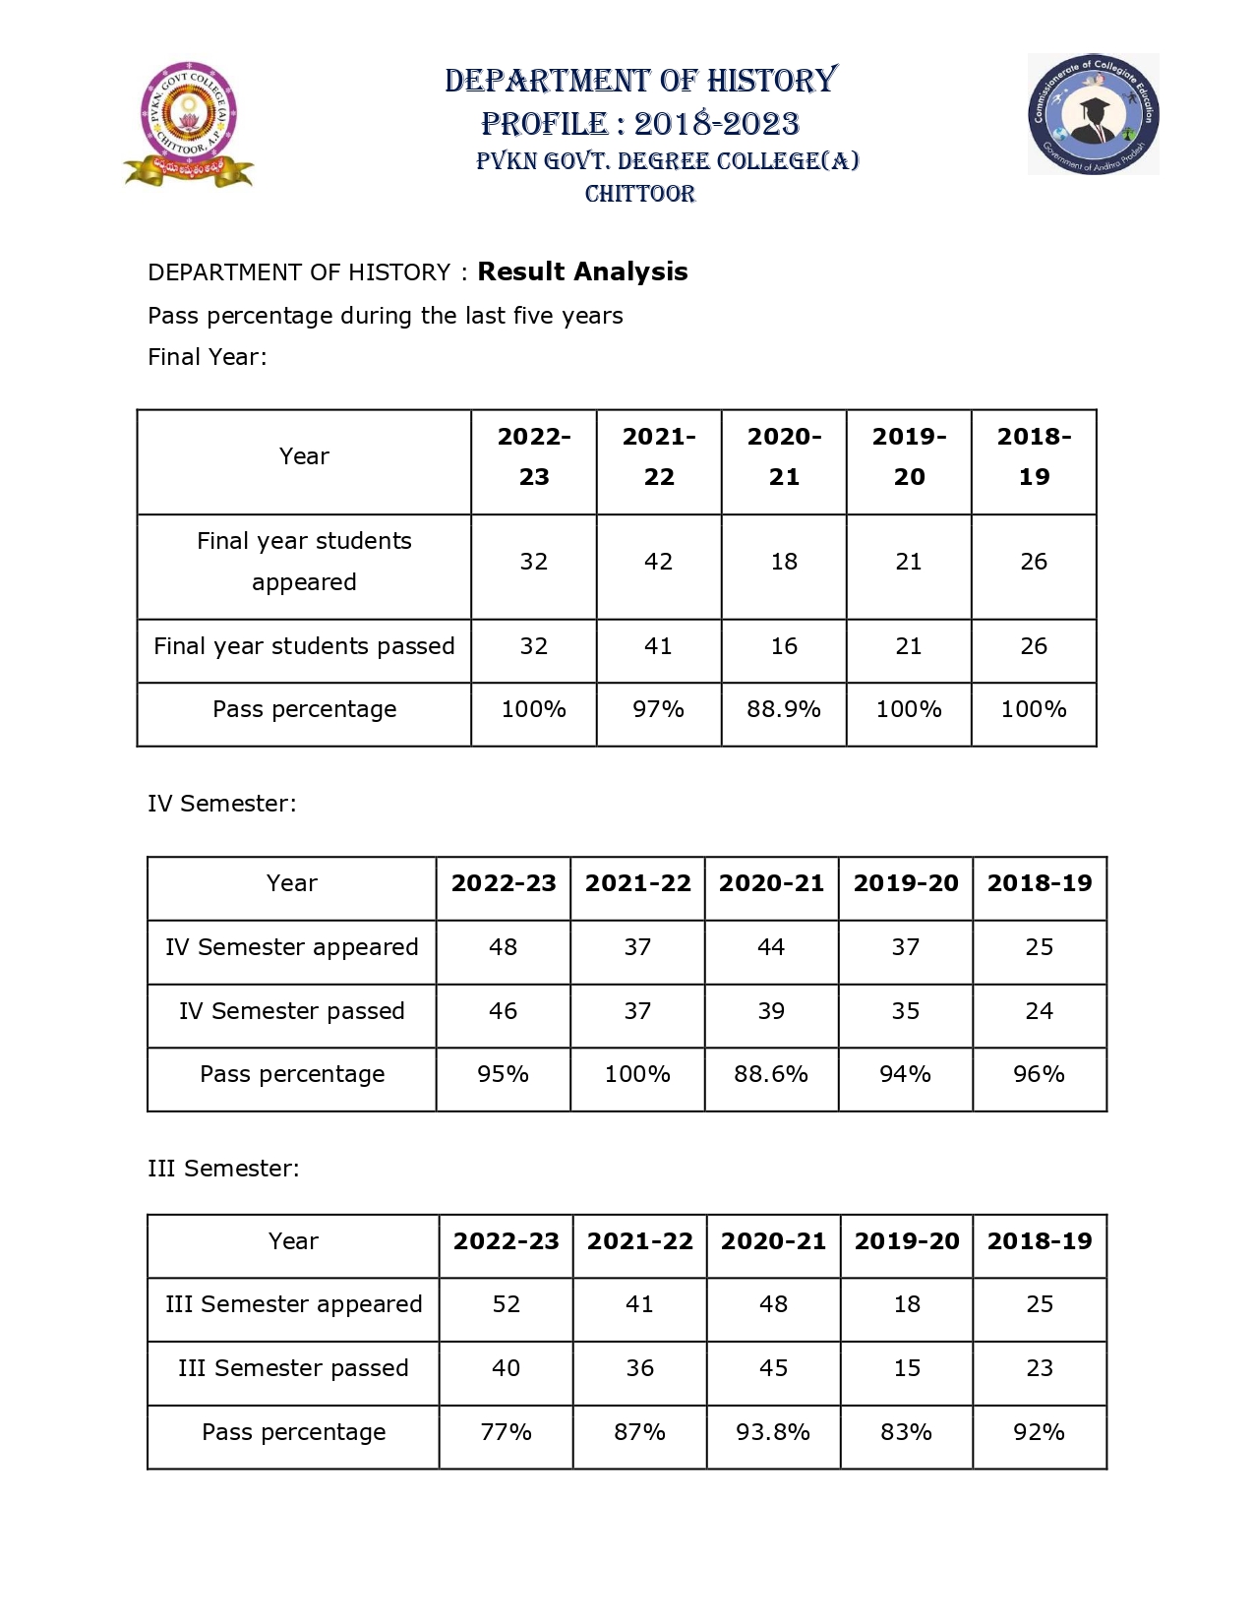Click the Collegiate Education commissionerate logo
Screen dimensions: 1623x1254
pyautogui.click(x=1093, y=114)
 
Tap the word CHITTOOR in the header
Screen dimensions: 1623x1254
pyautogui.click(x=640, y=194)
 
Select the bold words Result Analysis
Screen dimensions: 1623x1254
pyautogui.click(x=582, y=271)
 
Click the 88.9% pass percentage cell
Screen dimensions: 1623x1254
pyautogui.click(x=783, y=709)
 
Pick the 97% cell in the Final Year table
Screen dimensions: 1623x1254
pyautogui.click(x=658, y=709)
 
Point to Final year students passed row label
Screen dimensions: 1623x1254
pyautogui.click(x=304, y=646)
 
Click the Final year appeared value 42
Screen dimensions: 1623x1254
pyautogui.click(x=658, y=562)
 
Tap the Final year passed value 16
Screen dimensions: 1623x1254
pyautogui.click(x=783, y=646)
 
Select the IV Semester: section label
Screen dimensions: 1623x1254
pyautogui.click(x=221, y=804)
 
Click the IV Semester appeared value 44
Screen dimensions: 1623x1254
pyautogui.click(x=771, y=947)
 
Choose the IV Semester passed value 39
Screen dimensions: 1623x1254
pyautogui.click(x=771, y=1011)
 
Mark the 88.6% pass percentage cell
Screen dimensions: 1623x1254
pyautogui.click(x=771, y=1074)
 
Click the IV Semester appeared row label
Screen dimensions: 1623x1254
pyautogui.click(x=292, y=947)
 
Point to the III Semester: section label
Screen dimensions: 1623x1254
pyautogui.click(x=223, y=1169)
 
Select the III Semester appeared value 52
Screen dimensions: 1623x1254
pyautogui.click(x=506, y=1304)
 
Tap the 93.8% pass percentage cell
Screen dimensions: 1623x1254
pyautogui.click(x=773, y=1432)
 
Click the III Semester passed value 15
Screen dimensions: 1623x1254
pyautogui.click(x=907, y=1368)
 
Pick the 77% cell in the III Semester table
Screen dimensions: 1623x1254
pyautogui.click(x=506, y=1432)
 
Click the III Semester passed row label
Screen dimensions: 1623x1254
pyautogui.click(x=293, y=1368)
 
